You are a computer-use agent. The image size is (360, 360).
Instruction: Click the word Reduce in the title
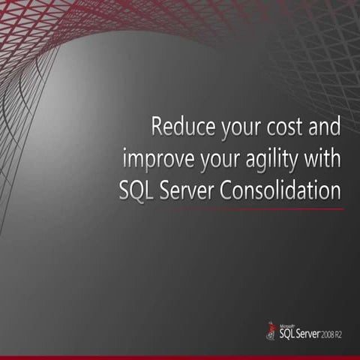tap(177, 126)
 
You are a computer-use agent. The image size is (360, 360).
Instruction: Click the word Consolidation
tap(287, 190)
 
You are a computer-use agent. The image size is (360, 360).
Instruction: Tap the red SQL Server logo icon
tap(271, 330)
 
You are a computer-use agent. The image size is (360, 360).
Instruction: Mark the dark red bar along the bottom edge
tap(180, 357)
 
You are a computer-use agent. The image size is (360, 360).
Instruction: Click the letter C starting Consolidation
tap(230, 191)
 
